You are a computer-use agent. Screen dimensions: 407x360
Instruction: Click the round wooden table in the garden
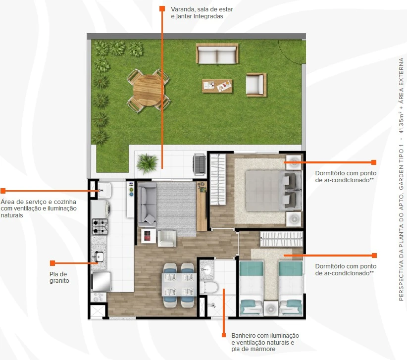(x=149, y=90)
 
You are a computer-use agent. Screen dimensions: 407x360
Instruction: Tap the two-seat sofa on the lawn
(x=217, y=53)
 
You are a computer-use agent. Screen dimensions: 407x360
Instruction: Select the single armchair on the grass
(x=256, y=85)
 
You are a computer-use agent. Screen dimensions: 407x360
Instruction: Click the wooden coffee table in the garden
(x=217, y=86)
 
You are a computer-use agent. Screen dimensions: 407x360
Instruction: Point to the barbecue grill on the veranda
(x=200, y=164)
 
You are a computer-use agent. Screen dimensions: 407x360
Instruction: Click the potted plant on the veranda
(x=147, y=163)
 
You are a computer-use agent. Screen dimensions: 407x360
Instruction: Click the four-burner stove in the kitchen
(x=100, y=227)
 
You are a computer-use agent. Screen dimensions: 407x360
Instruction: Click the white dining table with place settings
(x=179, y=285)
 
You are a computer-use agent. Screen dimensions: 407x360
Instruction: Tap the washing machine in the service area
(x=101, y=209)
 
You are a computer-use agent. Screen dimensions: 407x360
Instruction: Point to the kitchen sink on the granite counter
(x=99, y=257)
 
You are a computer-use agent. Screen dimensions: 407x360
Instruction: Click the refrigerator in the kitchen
(x=101, y=281)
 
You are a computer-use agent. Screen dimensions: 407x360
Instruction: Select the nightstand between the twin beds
(x=271, y=309)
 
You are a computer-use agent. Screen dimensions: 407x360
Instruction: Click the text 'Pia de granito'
(x=59, y=277)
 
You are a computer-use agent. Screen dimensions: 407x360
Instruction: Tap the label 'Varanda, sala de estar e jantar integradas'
(x=202, y=13)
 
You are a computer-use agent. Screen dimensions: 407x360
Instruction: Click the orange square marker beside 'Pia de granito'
(x=52, y=263)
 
